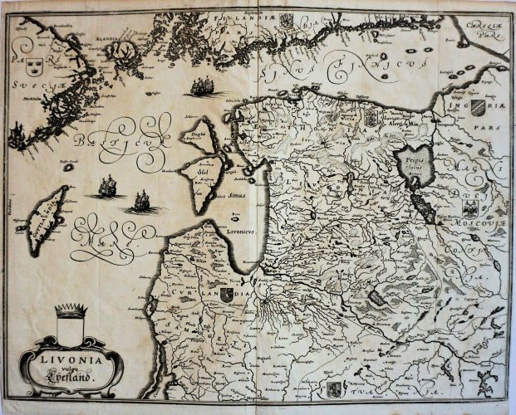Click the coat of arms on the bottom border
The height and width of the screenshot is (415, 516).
pyautogui.click(x=333, y=388)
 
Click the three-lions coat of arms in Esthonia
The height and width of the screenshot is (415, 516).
pyautogui.click(x=371, y=116)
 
